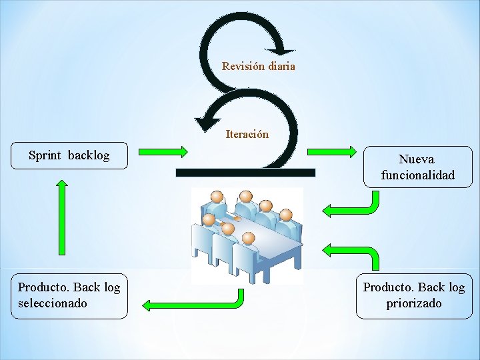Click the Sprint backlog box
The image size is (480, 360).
tap(69, 156)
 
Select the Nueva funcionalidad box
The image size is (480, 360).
tap(417, 167)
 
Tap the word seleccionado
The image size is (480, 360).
tap(53, 303)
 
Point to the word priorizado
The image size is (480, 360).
tap(413, 303)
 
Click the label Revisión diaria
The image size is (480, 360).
tap(258, 66)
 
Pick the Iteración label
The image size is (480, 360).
tap(247, 134)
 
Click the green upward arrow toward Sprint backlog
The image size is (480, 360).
tap(62, 217)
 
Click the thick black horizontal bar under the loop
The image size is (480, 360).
tap(245, 173)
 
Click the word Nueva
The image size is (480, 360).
tap(416, 159)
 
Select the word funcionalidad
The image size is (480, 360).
tap(417, 175)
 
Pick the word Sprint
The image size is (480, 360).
tap(45, 155)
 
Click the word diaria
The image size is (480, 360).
tap(282, 66)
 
